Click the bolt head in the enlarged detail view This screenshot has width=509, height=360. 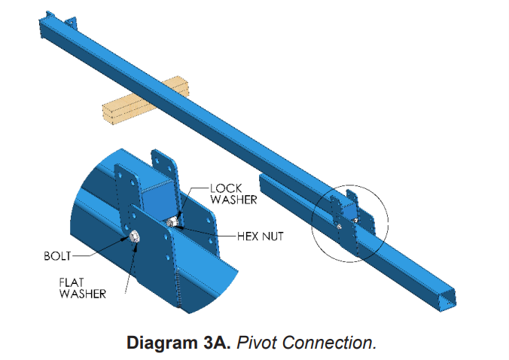coord(134,237)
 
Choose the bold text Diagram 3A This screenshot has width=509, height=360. coord(178,343)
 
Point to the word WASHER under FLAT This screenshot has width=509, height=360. coord(83,294)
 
